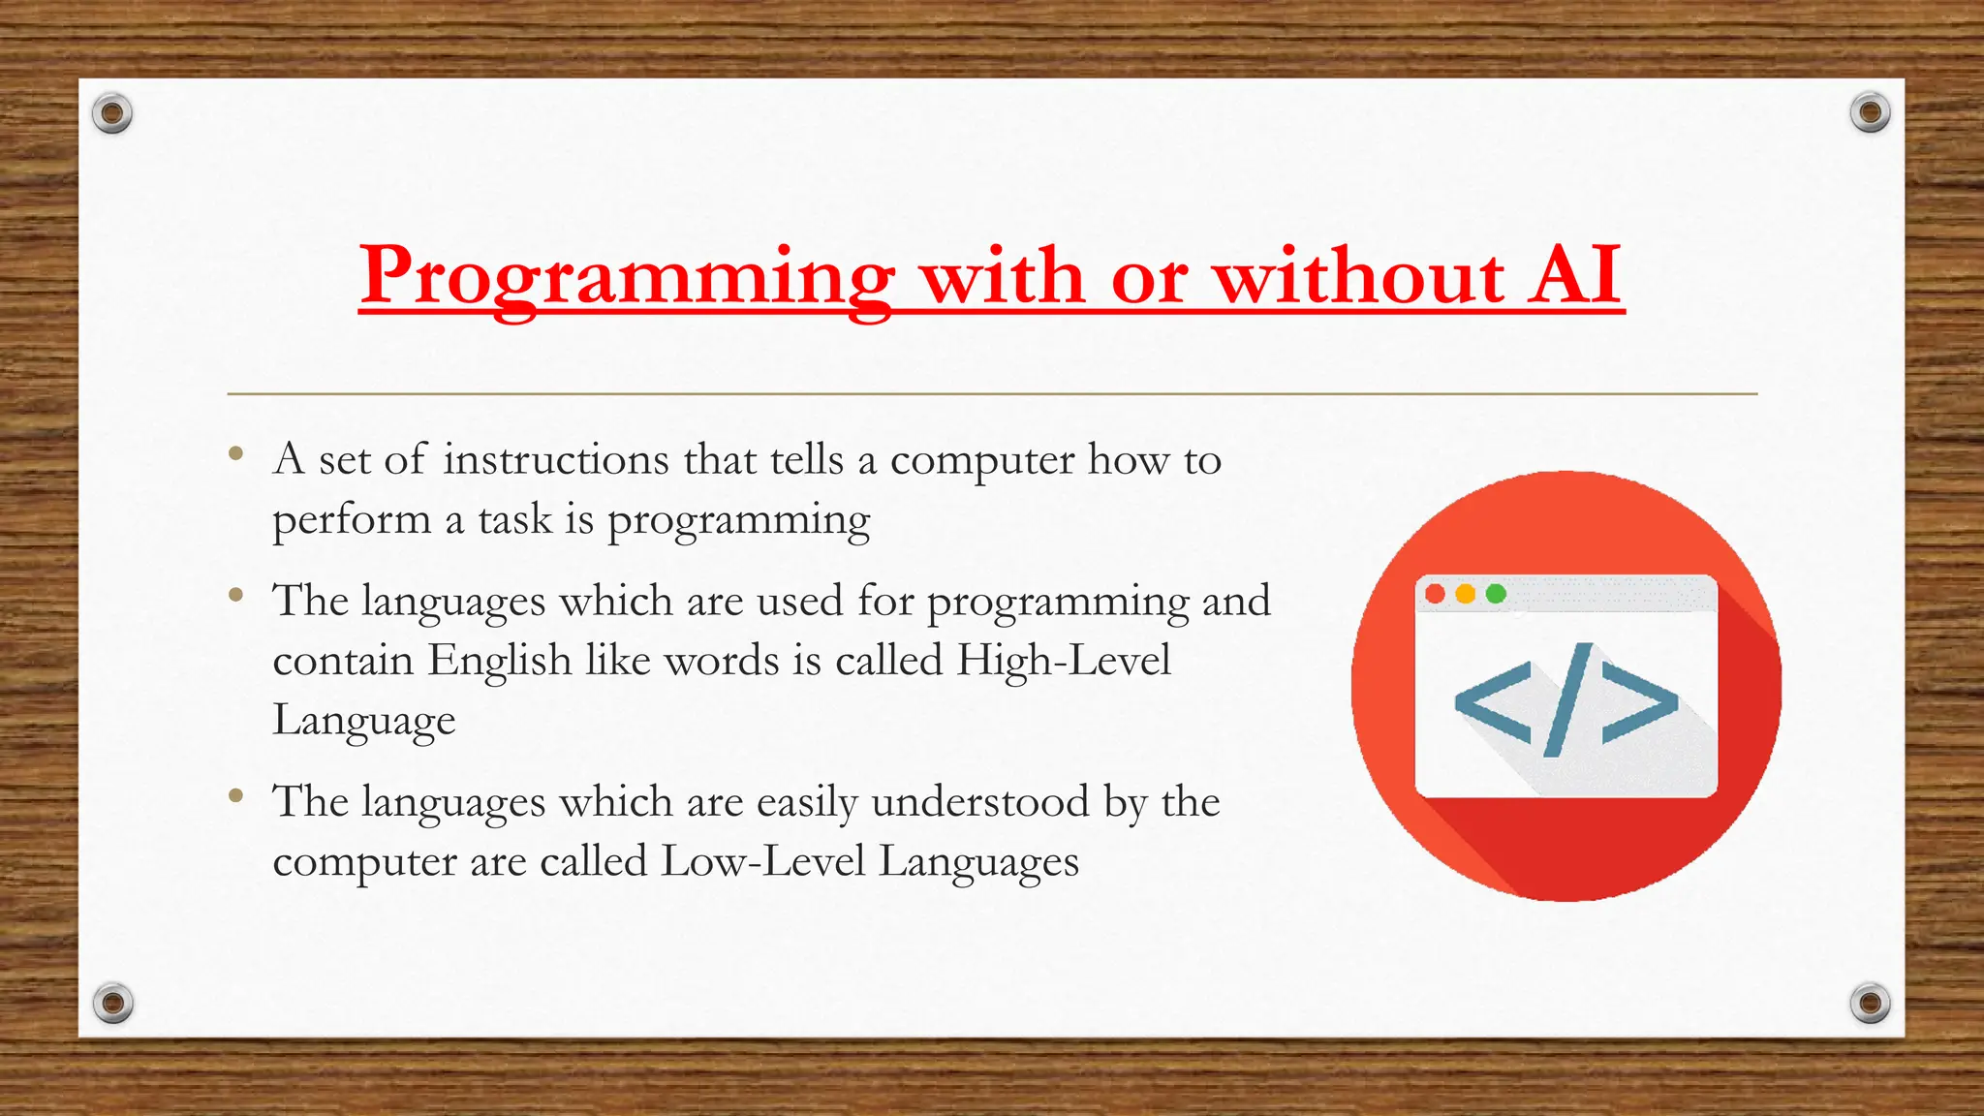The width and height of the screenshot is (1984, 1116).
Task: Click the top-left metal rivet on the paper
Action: point(112,114)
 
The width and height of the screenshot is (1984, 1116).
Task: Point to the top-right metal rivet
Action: point(1870,113)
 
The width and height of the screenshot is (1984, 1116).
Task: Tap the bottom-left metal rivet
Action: point(112,1003)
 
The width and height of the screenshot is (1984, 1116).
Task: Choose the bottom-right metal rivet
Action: point(1870,1003)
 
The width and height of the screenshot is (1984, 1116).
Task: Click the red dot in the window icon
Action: point(1436,594)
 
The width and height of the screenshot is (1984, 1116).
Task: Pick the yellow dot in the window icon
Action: point(1466,594)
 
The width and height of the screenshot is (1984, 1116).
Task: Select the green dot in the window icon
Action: point(1496,594)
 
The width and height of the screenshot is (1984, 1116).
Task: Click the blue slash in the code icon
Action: point(1567,699)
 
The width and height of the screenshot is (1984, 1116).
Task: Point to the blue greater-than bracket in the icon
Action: point(1639,703)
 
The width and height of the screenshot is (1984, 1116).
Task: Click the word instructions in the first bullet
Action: point(555,459)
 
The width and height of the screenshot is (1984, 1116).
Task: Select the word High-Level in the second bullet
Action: point(1064,661)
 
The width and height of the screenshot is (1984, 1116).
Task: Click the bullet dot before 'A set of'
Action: point(235,453)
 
